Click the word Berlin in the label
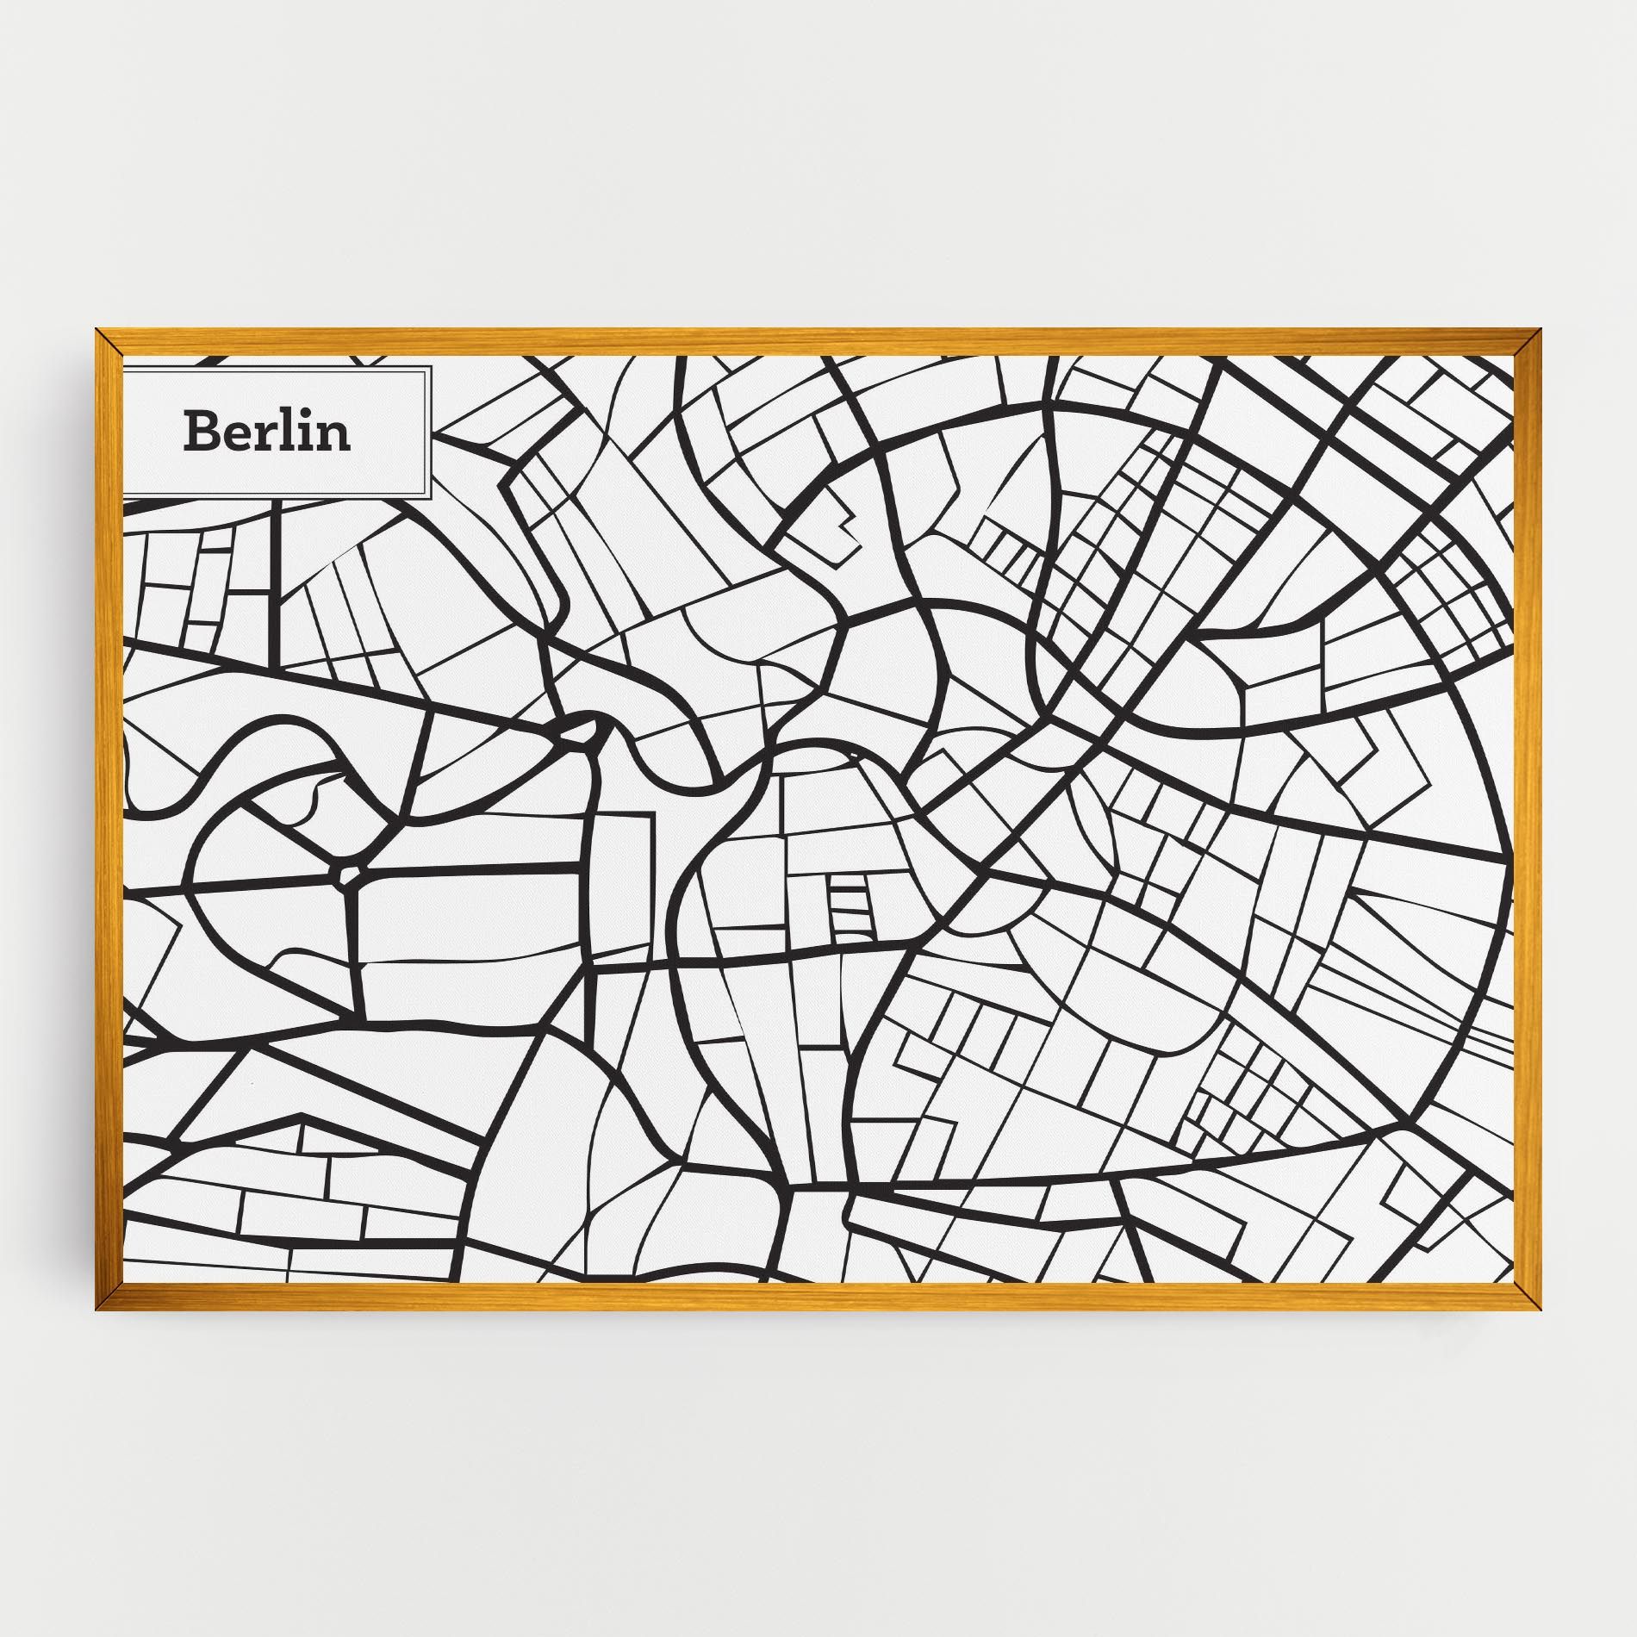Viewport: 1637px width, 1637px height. coord(267,432)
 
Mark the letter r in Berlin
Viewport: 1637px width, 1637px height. coord(264,437)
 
